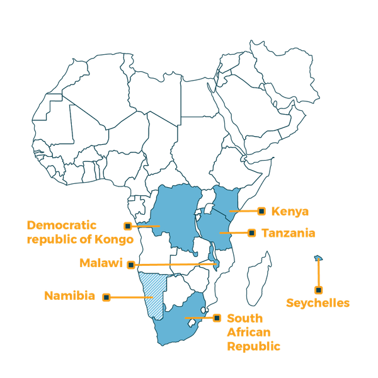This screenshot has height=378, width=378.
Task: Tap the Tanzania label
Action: pos(289,233)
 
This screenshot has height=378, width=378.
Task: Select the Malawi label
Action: pos(100,263)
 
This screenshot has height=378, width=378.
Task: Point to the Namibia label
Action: pos(70,295)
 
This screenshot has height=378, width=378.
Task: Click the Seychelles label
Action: pos(318,303)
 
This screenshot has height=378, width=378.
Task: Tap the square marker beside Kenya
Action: pos(261,210)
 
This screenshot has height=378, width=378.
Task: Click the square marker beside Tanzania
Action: pos(252,233)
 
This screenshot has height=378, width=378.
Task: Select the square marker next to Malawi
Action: pos(131,265)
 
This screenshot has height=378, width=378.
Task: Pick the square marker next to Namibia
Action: pos(106,296)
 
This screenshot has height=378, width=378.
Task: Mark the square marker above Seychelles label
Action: pos(319,290)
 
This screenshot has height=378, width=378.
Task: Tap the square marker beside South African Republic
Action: pos(217,318)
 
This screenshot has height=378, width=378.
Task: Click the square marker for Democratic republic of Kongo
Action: pos(128,225)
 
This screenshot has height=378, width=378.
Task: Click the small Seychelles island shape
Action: pos(318,257)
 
